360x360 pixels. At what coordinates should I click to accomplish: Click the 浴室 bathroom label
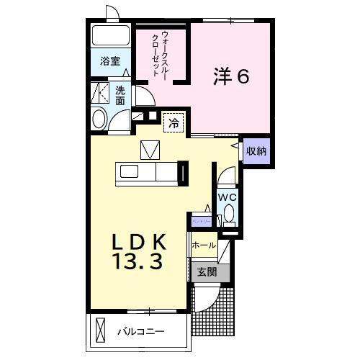click(x=110, y=63)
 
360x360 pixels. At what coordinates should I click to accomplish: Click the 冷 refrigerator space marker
click(x=173, y=123)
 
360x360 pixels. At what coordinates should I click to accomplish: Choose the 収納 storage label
click(x=256, y=151)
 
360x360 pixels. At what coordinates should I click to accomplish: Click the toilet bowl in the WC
click(x=228, y=212)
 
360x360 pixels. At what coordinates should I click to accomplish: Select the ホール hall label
click(x=204, y=246)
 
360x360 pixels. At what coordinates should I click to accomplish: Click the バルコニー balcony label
click(x=141, y=332)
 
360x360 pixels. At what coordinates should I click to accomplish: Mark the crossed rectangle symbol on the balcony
click(x=100, y=331)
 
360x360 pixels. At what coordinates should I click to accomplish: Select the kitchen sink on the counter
click(x=130, y=173)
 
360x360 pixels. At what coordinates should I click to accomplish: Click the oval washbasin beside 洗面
click(x=99, y=120)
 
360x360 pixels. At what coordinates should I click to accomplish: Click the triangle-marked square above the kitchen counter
click(x=150, y=148)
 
